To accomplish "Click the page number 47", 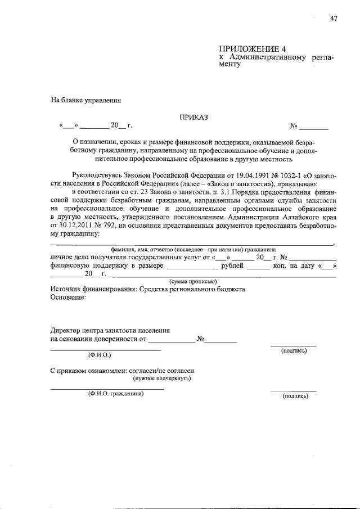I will (x=334, y=19).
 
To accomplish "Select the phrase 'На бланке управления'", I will (x=86, y=101).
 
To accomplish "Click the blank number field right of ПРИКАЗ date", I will (x=313, y=126).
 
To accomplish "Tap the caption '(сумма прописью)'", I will (x=193, y=281).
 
